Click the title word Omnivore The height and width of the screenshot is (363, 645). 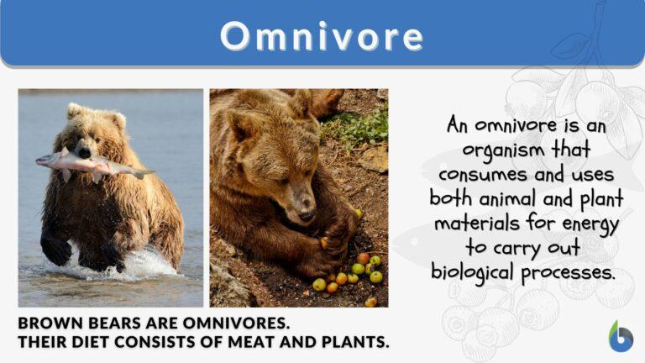322,36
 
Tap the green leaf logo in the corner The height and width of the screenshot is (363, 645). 621,336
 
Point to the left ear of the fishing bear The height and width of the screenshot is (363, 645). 75,110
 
